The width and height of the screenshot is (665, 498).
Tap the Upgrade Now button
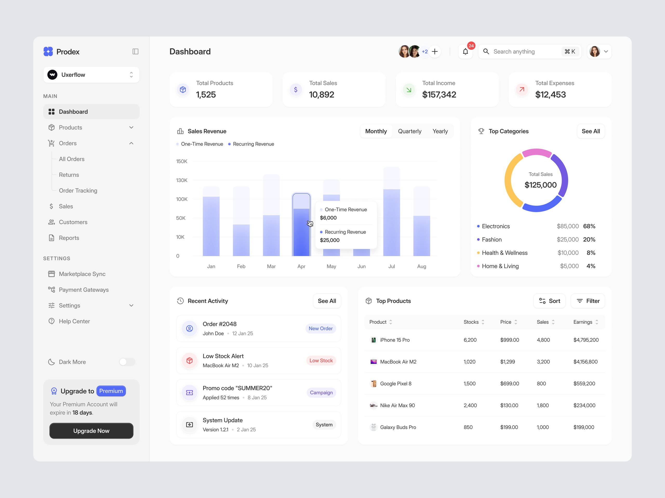(x=91, y=431)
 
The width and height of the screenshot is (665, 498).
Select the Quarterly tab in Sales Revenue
(x=409, y=131)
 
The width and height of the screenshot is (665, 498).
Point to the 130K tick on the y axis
(x=182, y=180)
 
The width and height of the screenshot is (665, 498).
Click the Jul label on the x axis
(x=391, y=266)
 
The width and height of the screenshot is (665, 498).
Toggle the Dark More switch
(x=127, y=362)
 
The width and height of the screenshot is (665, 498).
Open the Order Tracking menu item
(x=78, y=191)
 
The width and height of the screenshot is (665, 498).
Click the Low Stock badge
(x=321, y=361)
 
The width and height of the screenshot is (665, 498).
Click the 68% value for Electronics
(x=589, y=226)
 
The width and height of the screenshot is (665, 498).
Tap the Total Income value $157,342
(x=439, y=95)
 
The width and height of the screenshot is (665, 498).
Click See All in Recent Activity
(x=327, y=301)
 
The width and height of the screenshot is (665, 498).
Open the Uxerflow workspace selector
(x=91, y=75)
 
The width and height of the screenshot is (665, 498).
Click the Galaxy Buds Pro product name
(x=398, y=427)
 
